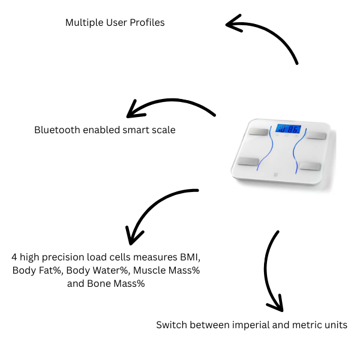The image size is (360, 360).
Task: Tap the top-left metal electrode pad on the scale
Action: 259,131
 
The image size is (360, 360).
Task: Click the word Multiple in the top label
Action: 83,23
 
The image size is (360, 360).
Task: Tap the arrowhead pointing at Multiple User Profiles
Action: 232,24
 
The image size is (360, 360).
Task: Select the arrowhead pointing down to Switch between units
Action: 275,304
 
